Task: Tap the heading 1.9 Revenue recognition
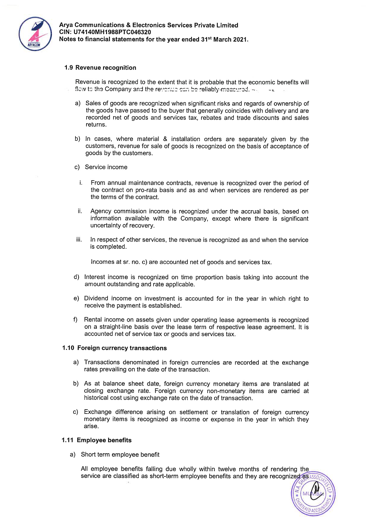pos(100,68)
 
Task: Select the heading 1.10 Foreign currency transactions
pos(114,348)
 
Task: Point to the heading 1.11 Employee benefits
pos(97,440)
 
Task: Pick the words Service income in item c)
pos(106,167)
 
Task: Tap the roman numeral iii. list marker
pos(79,240)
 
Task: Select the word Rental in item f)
pos(93,320)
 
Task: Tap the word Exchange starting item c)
pos(97,412)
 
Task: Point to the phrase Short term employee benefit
pos(120,455)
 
